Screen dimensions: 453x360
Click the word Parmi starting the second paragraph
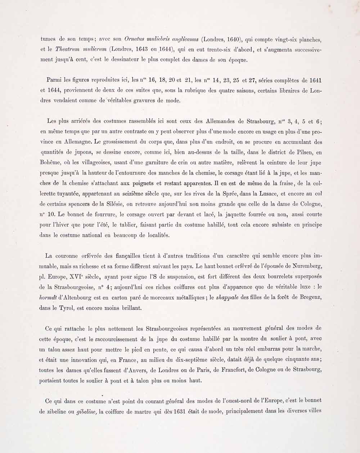coord(54,80)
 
